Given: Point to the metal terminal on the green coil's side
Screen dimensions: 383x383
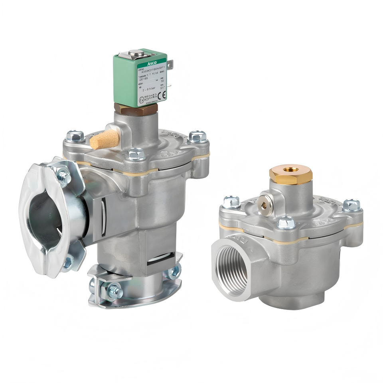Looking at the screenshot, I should click(x=171, y=64).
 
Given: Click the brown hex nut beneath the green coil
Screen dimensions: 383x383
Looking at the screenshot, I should click(x=136, y=109).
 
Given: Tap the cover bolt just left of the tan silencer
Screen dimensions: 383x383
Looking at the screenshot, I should click(x=75, y=136).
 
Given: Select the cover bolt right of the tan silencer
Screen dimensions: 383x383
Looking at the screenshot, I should click(x=198, y=136).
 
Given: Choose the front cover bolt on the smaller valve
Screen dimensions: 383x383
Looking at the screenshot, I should click(x=286, y=223).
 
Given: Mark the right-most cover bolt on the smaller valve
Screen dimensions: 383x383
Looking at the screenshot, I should click(x=351, y=205).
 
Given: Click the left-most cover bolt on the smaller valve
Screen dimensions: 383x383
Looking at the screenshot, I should click(x=231, y=202).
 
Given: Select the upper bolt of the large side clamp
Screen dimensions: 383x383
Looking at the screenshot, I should click(x=63, y=176).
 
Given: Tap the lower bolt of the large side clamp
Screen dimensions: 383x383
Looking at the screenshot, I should click(x=67, y=263).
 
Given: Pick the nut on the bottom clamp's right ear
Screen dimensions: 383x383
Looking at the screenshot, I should click(x=174, y=272).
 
